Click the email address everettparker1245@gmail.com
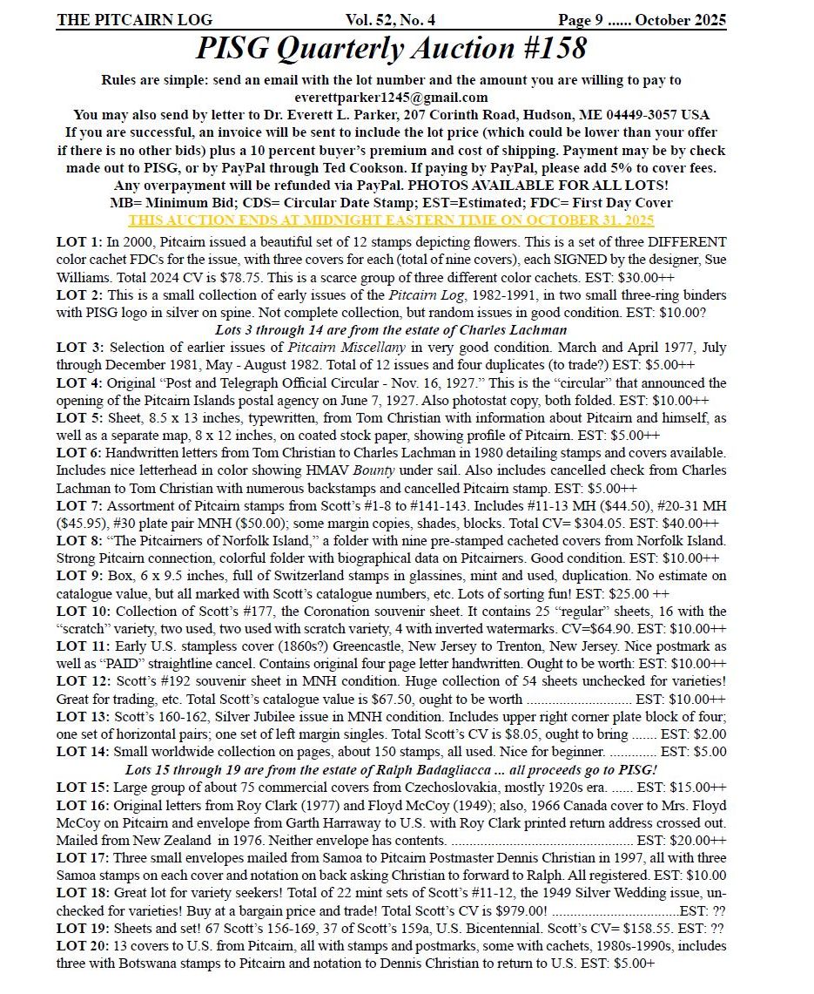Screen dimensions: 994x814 click(391, 98)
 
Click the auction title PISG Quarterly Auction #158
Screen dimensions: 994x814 click(391, 49)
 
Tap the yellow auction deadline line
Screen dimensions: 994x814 click(391, 220)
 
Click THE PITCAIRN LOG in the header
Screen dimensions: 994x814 click(134, 20)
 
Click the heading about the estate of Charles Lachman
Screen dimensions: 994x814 click(391, 329)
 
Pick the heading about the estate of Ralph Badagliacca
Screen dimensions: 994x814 click(391, 770)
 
